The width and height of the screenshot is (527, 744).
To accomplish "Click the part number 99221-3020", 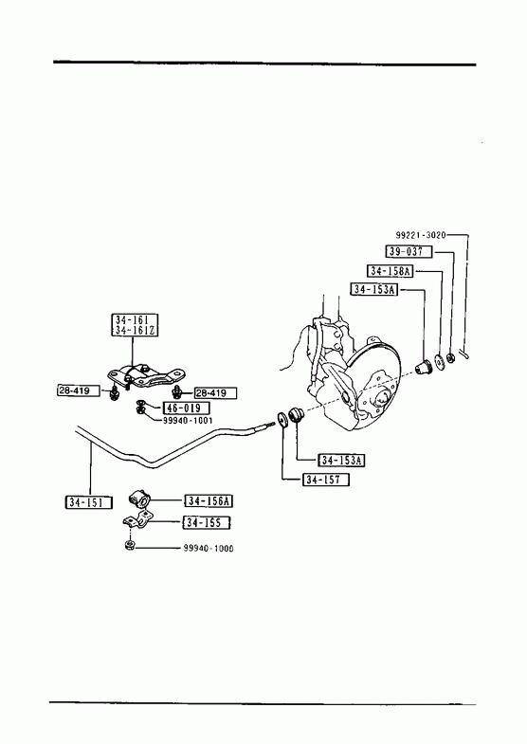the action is [421, 235].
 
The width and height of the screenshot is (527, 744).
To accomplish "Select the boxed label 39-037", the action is [409, 251].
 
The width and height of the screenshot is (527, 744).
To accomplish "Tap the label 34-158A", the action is [391, 271].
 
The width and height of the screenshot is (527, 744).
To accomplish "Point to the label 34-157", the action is [326, 480].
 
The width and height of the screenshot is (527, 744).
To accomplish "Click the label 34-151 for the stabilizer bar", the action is [88, 502].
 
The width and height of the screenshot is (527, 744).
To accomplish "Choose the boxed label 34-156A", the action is [209, 501].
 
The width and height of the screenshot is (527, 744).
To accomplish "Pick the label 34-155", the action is [207, 523].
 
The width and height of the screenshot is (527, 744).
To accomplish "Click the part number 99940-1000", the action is [209, 549].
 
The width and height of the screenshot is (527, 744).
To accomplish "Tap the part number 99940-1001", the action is [188, 421].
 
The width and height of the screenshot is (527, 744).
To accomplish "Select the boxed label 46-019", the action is [186, 408].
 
